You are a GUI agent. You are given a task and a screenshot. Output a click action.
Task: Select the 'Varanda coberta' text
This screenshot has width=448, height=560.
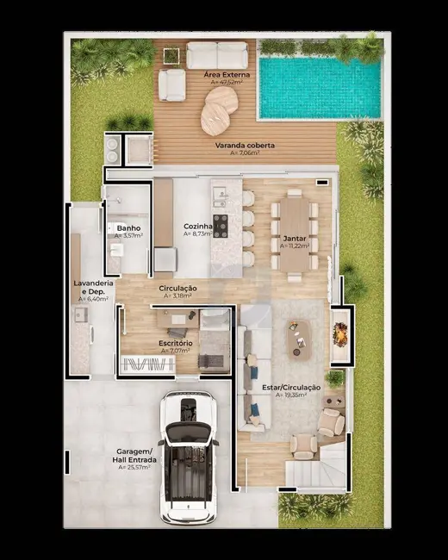(x=246, y=146)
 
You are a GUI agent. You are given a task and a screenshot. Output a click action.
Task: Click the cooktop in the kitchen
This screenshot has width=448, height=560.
(x=220, y=226)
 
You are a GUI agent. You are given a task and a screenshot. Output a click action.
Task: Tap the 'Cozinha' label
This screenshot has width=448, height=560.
(x=197, y=227)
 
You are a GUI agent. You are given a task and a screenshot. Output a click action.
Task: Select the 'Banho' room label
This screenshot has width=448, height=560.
(x=129, y=227)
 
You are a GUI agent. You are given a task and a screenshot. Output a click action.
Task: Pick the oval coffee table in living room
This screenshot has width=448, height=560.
(x=300, y=337)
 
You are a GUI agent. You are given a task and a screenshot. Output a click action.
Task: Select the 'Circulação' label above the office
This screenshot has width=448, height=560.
(x=178, y=287)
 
